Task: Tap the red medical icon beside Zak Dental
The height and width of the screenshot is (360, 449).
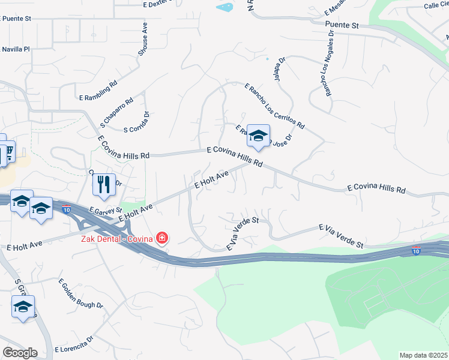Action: (161, 238)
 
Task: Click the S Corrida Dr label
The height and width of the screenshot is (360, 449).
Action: (136, 122)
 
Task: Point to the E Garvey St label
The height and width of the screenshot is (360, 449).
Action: (105, 211)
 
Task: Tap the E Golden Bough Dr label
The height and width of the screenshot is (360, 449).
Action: (80, 293)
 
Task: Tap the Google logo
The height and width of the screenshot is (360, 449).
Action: (19, 352)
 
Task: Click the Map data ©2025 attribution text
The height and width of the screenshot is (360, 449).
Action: (423, 355)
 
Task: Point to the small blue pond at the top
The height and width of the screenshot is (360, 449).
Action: (224, 7)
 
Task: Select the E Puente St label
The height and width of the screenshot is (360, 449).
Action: (24, 19)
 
